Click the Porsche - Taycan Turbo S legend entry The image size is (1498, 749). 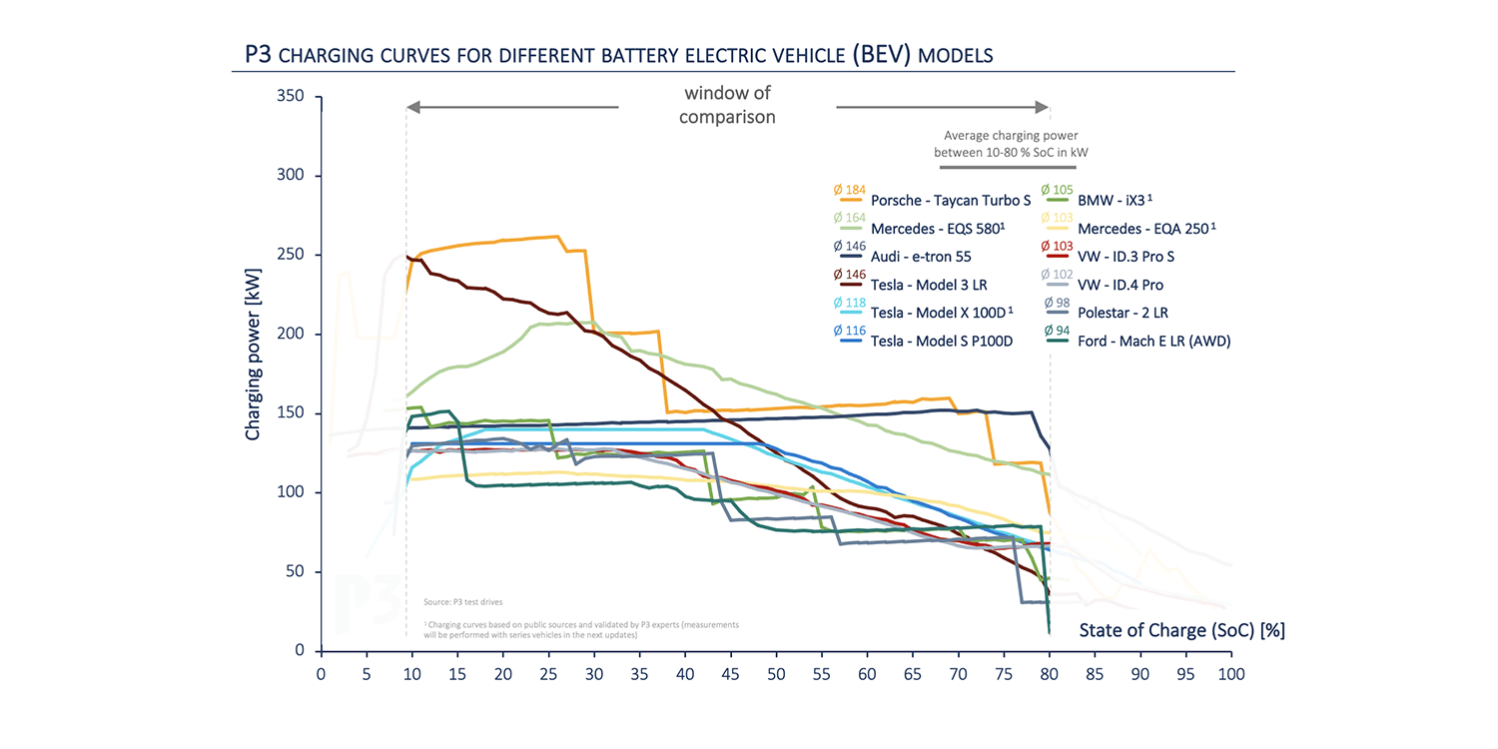pos(950,201)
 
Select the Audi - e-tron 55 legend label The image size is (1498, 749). pos(921,257)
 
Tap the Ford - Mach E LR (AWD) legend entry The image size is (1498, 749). pos(1153,341)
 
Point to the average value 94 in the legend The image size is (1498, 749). pos(1056,331)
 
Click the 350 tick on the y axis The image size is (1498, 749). pos(290,97)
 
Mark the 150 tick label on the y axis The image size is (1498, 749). pos(290,413)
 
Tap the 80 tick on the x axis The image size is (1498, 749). pos(1050,674)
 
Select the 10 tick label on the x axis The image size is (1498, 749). pos(411,674)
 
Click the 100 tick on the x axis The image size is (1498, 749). pos(1231,674)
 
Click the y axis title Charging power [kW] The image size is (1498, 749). pos(253,354)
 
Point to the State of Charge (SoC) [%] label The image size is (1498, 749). pos(1181,630)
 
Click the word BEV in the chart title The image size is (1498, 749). pos(881,54)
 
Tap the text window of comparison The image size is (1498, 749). pos(728,105)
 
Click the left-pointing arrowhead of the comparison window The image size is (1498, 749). pos(411,107)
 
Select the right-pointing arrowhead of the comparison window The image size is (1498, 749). pos(1044,107)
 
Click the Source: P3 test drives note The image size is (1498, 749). pos(463,602)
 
